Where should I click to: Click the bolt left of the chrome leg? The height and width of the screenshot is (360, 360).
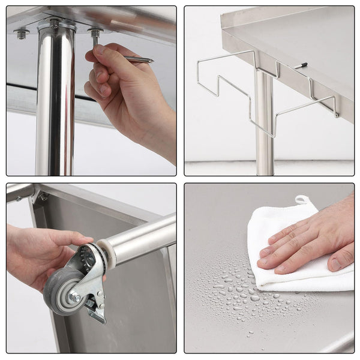coord(22,34)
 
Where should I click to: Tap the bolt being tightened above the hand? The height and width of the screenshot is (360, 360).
coord(95,35)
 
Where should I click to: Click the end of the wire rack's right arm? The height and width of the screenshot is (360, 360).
coord(336,114)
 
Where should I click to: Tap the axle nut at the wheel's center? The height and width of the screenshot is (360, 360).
coord(74,297)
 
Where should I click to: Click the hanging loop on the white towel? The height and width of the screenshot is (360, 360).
coord(302,200)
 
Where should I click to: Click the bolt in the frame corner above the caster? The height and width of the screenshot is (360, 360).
coord(43,196)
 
